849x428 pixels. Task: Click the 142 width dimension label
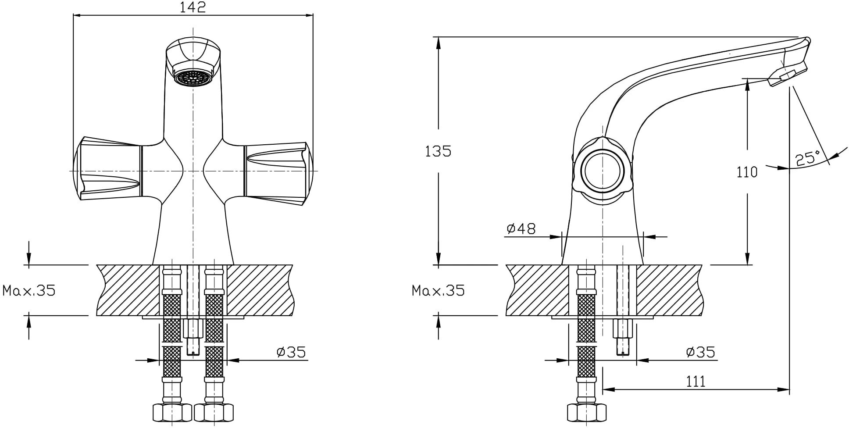coord(193,7)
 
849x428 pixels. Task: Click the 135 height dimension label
coord(438,151)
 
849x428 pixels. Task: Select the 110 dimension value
coord(747,172)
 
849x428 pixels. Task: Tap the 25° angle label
coord(808,158)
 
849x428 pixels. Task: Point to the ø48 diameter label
coord(521,228)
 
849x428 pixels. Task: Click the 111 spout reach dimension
coord(696,382)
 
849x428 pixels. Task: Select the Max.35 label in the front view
coord(29,290)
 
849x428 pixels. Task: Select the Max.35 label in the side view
coord(438,290)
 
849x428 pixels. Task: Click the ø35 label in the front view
coord(291,352)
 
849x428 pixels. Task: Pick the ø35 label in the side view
coord(700,352)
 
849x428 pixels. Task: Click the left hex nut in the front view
coord(172,412)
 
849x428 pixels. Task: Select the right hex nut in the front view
coord(214,412)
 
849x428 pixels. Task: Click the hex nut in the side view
coord(587,412)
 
